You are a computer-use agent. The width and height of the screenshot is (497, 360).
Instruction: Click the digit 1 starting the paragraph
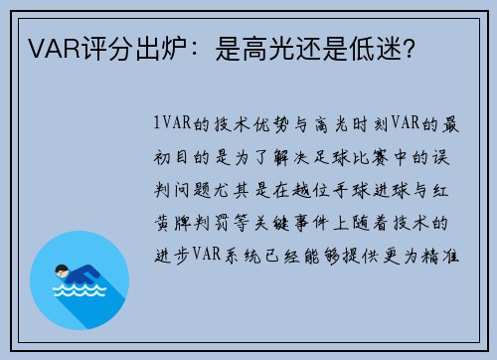pos(158,124)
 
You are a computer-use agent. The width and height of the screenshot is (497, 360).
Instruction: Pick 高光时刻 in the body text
pos(345,124)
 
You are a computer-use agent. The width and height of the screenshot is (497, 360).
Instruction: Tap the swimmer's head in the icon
pos(64,270)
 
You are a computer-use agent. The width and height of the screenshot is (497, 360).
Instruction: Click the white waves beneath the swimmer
pos(80,293)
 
